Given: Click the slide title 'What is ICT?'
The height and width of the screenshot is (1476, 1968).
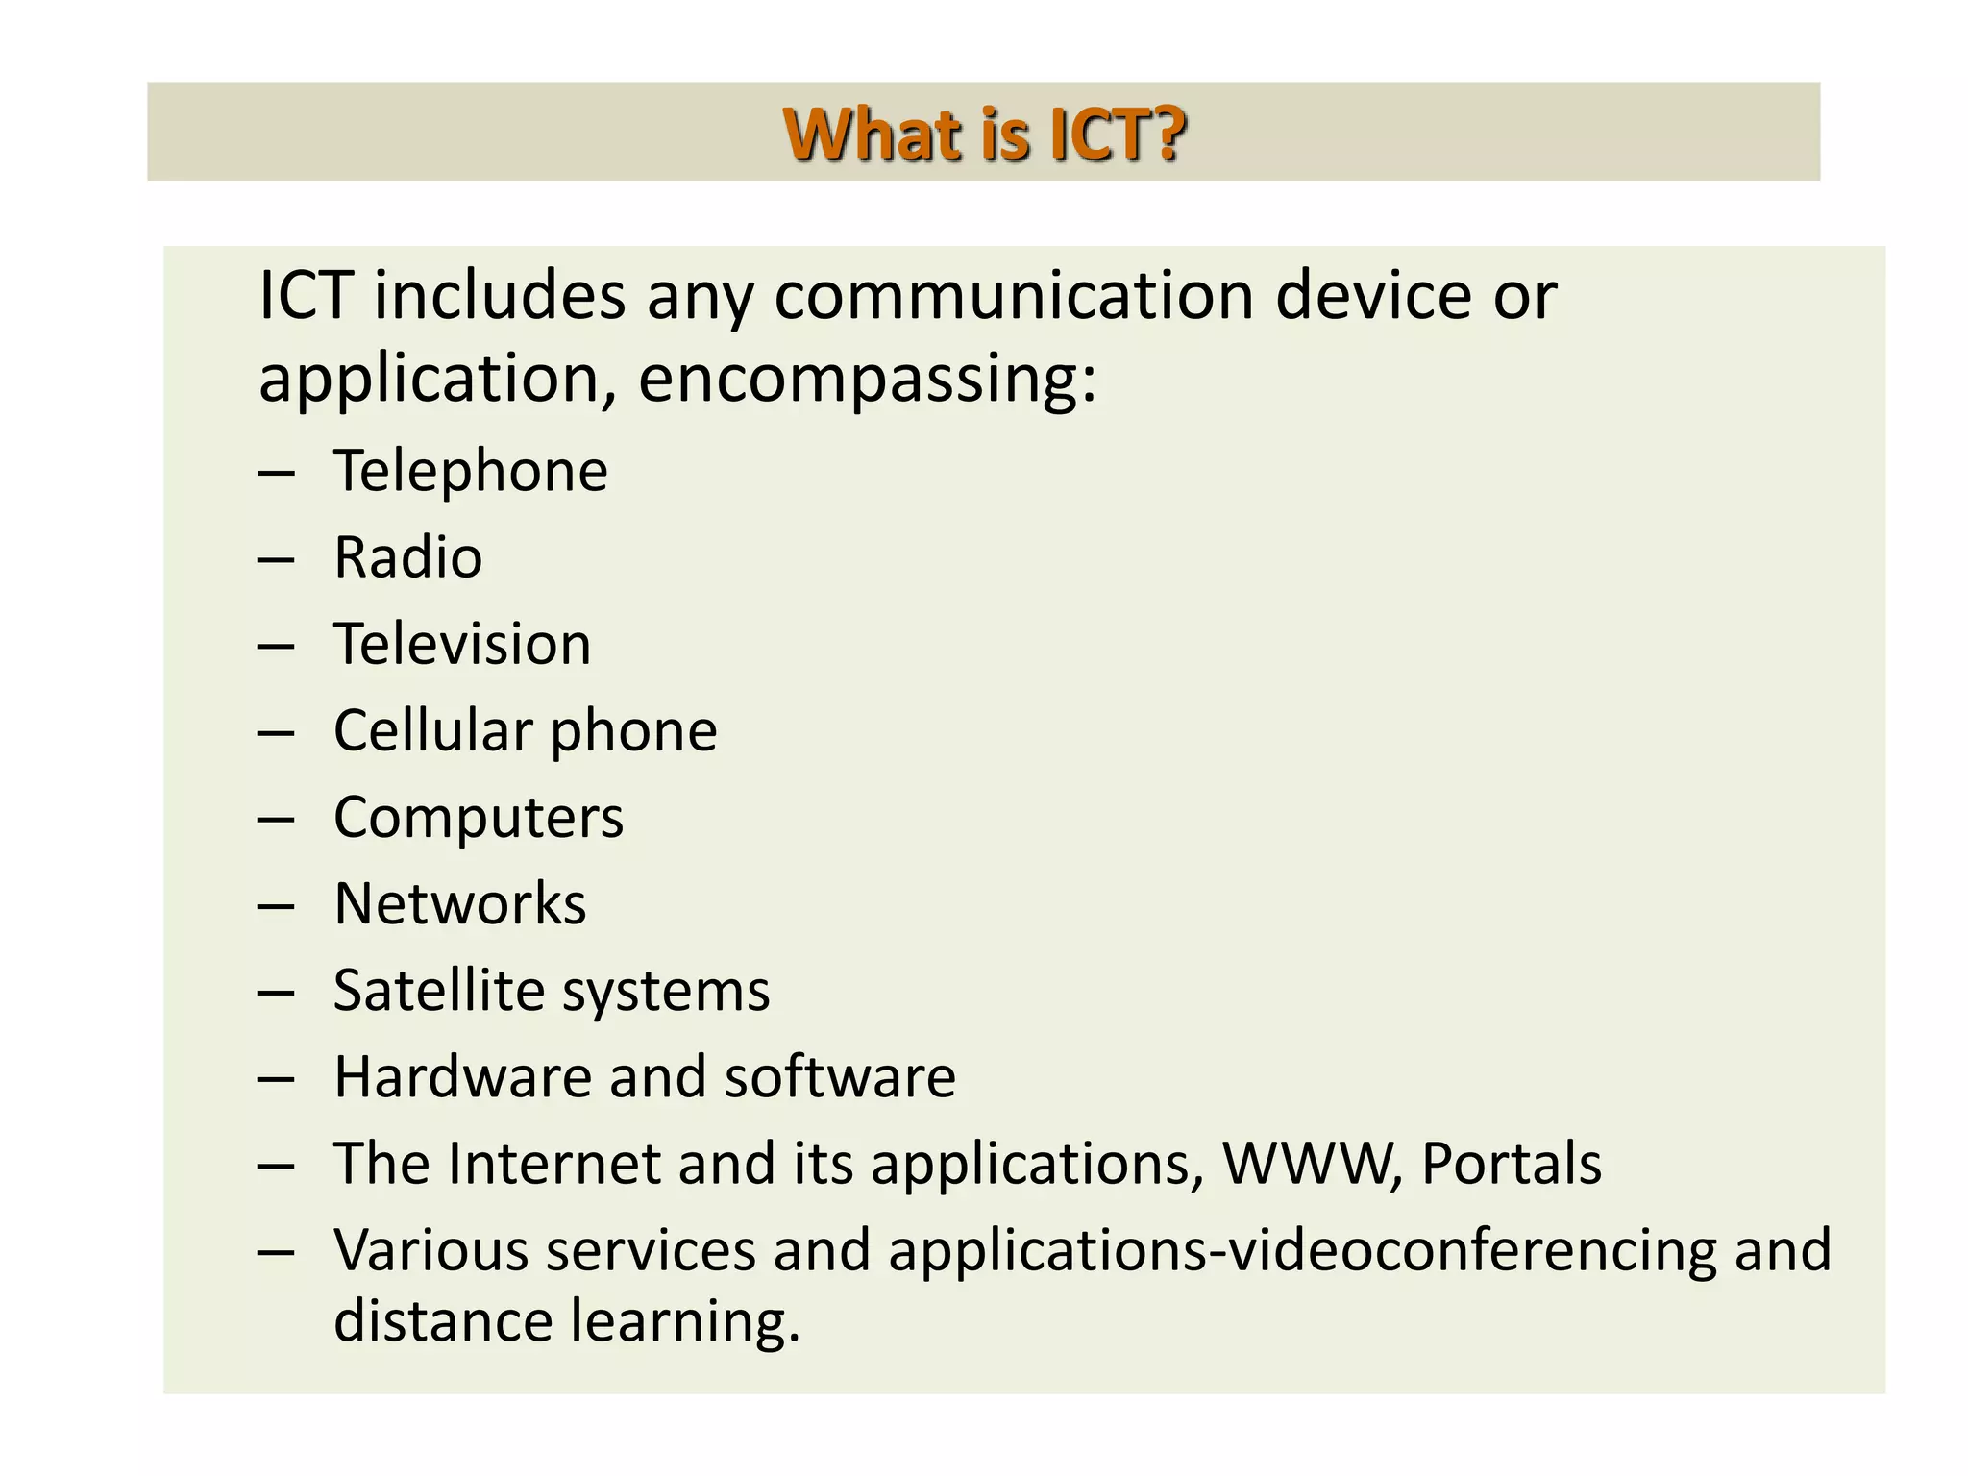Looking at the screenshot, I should coord(984,134).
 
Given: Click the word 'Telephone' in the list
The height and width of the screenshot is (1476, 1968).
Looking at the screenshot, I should coord(471,471).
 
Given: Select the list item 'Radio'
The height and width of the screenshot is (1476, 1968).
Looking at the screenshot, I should coord(407,557).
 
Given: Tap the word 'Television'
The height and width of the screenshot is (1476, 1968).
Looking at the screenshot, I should coord(462,644).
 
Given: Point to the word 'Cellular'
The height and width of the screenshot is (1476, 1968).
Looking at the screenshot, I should coord(433,730).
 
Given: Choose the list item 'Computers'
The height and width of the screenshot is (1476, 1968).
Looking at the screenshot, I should coord(479,818).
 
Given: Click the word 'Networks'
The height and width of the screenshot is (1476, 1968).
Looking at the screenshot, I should coord(459,904).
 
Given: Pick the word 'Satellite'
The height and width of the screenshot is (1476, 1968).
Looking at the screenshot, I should coord(438,991).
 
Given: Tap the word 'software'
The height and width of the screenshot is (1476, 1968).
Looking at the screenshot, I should coord(840,1077).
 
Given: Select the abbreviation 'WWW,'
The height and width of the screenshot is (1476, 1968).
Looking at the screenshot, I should coord(1311,1164).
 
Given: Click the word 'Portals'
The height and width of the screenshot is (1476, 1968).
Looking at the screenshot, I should coord(1511,1164).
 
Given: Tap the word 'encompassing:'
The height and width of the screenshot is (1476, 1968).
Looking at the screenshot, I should coord(867,379).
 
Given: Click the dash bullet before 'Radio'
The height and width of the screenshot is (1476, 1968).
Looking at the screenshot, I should coord(276,558).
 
